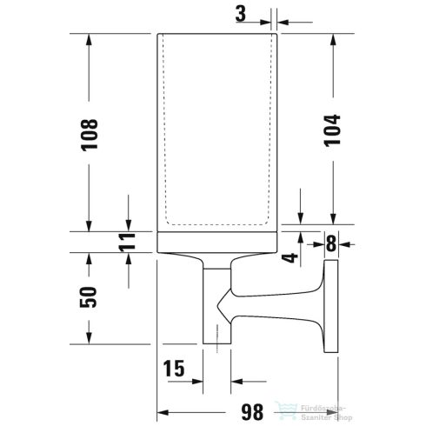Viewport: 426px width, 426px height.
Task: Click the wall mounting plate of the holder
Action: pyautogui.click(x=329, y=295)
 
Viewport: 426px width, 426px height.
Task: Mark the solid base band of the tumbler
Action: pyautogui.click(x=216, y=243)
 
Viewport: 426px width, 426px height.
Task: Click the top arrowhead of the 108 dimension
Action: pyautogui.click(x=90, y=39)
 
